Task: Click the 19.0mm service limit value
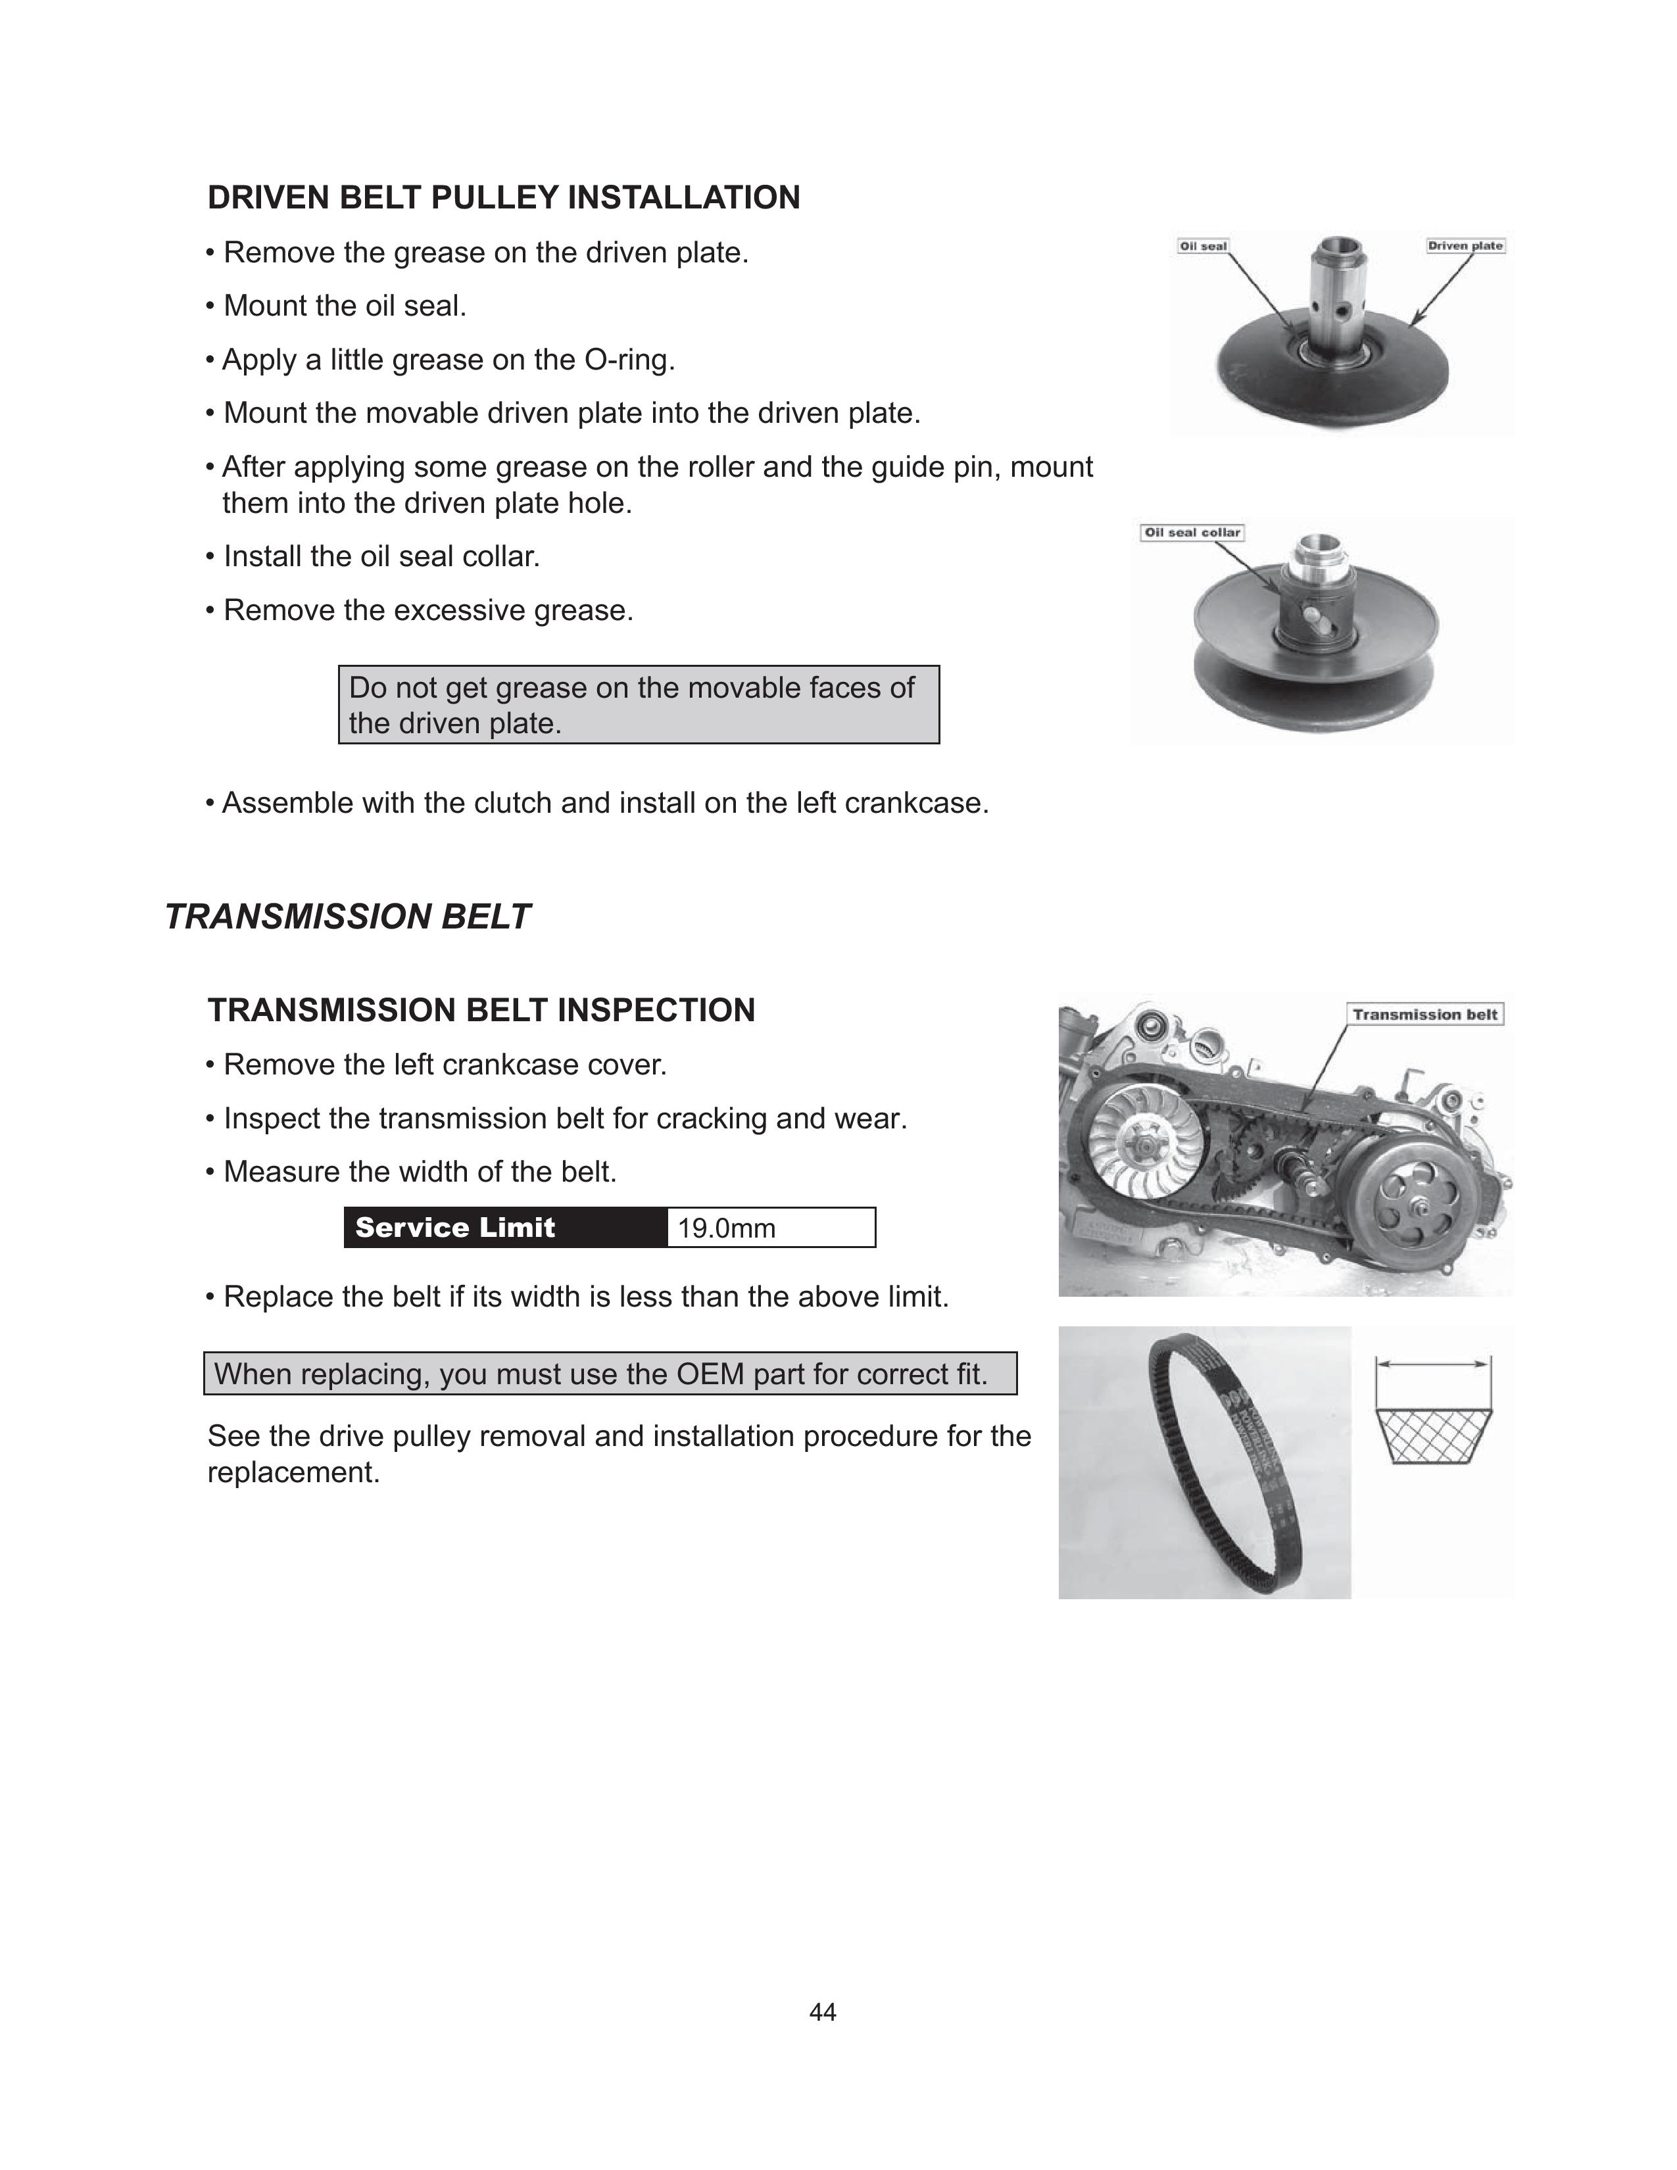726,1228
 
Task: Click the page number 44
823,2012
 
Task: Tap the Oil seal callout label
1202,245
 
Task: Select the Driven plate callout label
1465,245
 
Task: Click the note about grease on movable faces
638,704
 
